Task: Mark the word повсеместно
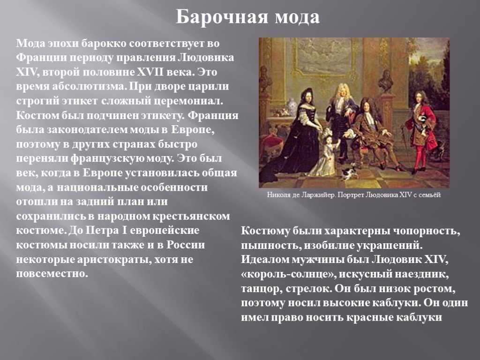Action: pos(52,274)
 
